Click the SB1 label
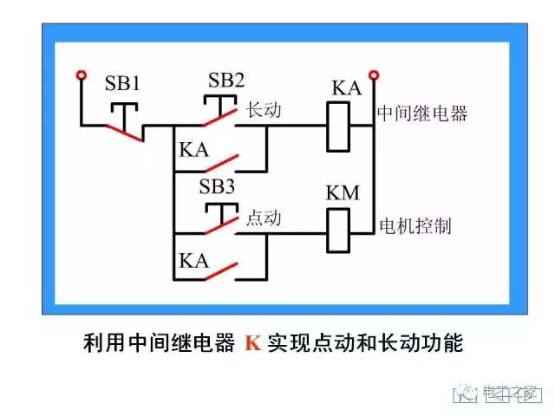[122, 84]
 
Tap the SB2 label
[226, 81]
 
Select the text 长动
[264, 111]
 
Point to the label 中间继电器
[422, 114]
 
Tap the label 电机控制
[415, 227]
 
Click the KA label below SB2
[193, 149]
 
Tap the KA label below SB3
[193, 258]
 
